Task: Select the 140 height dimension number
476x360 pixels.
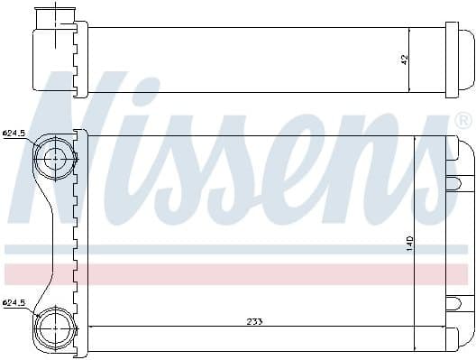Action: pos(408,245)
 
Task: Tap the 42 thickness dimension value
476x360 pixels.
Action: pos(405,60)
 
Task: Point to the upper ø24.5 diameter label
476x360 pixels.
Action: pos(16,134)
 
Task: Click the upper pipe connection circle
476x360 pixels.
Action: pos(55,158)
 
